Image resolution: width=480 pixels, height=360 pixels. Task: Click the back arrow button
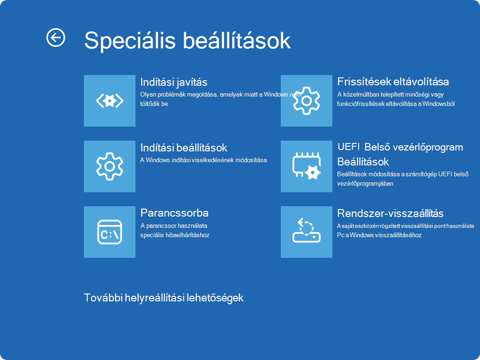coord(56,37)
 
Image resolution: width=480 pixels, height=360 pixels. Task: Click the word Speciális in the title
coord(130,40)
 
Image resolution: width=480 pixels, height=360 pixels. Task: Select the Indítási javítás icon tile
coord(110,101)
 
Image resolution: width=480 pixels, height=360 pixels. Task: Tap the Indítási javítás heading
coord(173,82)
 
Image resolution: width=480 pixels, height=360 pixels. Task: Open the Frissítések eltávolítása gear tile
coord(307,101)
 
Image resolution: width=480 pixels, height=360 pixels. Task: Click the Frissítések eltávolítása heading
coord(393,82)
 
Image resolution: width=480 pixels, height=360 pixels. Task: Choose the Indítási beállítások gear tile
coord(110,166)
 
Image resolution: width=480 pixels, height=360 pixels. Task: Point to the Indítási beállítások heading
coord(184,148)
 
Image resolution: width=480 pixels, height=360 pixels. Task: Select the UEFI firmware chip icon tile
coord(307,166)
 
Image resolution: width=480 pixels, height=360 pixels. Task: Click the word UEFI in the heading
coord(348,147)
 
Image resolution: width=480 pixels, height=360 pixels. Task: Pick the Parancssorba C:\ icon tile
coord(110,232)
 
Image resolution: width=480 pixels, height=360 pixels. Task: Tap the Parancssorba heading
coord(174,213)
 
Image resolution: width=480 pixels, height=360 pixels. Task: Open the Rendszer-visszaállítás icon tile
coord(307,232)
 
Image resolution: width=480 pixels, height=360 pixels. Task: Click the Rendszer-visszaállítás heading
coord(390,213)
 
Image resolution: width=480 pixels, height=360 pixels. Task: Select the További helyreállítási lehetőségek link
coord(164,298)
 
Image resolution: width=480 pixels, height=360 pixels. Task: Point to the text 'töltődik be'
coord(154,104)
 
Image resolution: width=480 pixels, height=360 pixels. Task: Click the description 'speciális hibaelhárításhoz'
coord(175,235)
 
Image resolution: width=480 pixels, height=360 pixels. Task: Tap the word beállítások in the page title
coord(237,40)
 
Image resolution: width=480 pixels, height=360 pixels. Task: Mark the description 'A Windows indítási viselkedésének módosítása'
coord(203,160)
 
